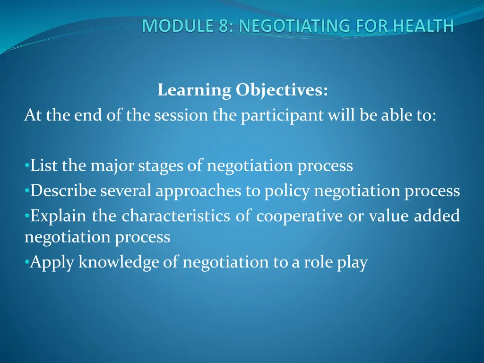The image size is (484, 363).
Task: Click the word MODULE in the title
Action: (x=178, y=26)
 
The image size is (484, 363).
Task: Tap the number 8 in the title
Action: (x=224, y=26)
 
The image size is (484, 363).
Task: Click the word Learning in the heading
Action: (x=194, y=90)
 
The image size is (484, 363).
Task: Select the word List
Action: (x=43, y=165)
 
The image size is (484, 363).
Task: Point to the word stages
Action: (x=160, y=166)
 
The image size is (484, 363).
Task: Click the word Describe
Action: (x=63, y=190)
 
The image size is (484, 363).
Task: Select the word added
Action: (x=437, y=216)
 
